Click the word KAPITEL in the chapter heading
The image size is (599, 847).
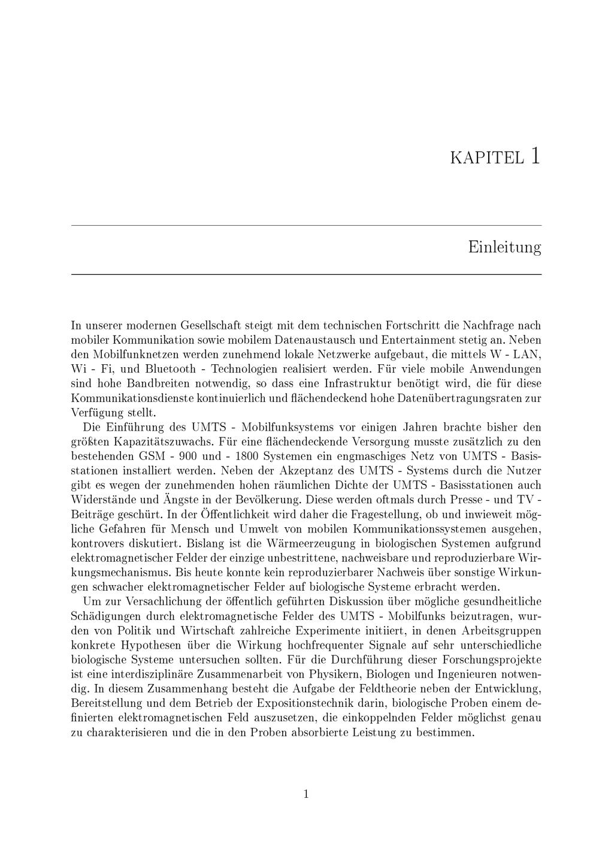point(486,158)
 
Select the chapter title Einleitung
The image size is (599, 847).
point(504,247)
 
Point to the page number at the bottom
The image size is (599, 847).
point(306,794)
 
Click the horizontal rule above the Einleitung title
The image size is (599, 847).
point(306,225)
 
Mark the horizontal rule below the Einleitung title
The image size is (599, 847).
point(306,274)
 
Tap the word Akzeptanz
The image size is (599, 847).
point(287,471)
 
